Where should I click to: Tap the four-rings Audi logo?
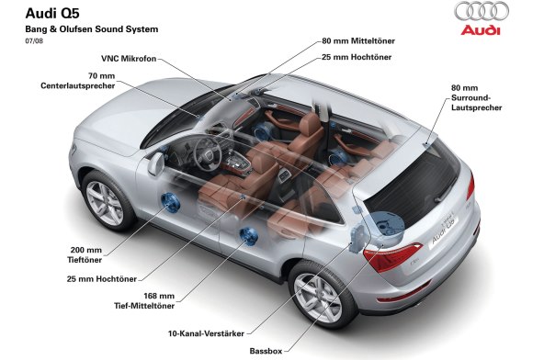(x=481, y=12)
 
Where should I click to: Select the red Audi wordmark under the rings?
(x=481, y=29)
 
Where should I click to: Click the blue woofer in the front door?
(x=170, y=202)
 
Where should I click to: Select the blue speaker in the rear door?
(x=247, y=235)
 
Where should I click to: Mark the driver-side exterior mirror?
(x=157, y=163)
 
